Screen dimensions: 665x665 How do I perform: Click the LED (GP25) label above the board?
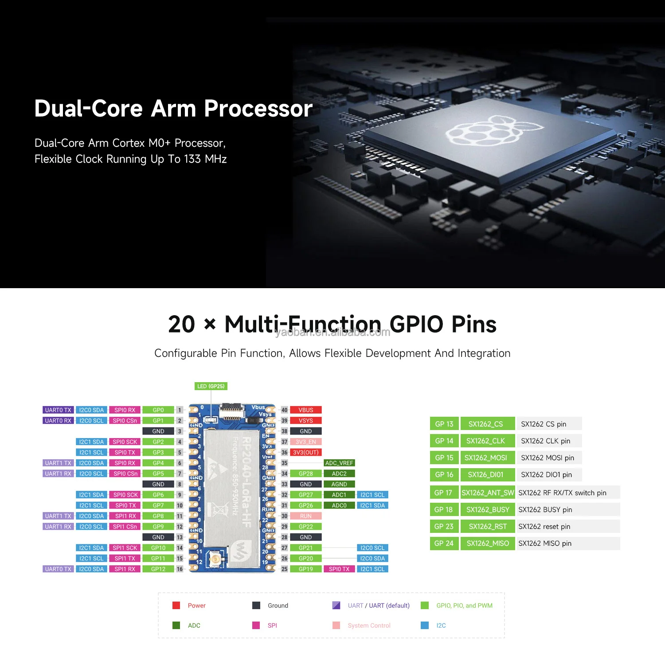211,386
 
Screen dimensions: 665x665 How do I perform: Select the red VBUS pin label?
305,410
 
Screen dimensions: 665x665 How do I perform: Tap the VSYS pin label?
305,421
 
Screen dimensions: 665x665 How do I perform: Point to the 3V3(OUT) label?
305,453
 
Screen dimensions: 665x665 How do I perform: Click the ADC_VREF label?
339,463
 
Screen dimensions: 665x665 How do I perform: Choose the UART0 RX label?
58,421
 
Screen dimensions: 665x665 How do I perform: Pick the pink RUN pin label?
305,516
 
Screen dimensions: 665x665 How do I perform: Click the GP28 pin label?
305,474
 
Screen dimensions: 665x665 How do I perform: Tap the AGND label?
339,485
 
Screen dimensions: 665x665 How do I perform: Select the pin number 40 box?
284,410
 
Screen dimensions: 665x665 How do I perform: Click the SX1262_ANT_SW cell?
488,493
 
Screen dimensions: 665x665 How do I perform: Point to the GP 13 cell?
444,424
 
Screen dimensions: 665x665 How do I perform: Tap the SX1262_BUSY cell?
488,510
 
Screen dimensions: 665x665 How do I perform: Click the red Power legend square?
176,606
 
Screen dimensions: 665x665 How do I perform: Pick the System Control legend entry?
369,626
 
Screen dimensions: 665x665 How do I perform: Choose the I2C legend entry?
441,626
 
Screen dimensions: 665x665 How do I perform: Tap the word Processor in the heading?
258,109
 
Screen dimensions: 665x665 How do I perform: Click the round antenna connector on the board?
215,559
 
